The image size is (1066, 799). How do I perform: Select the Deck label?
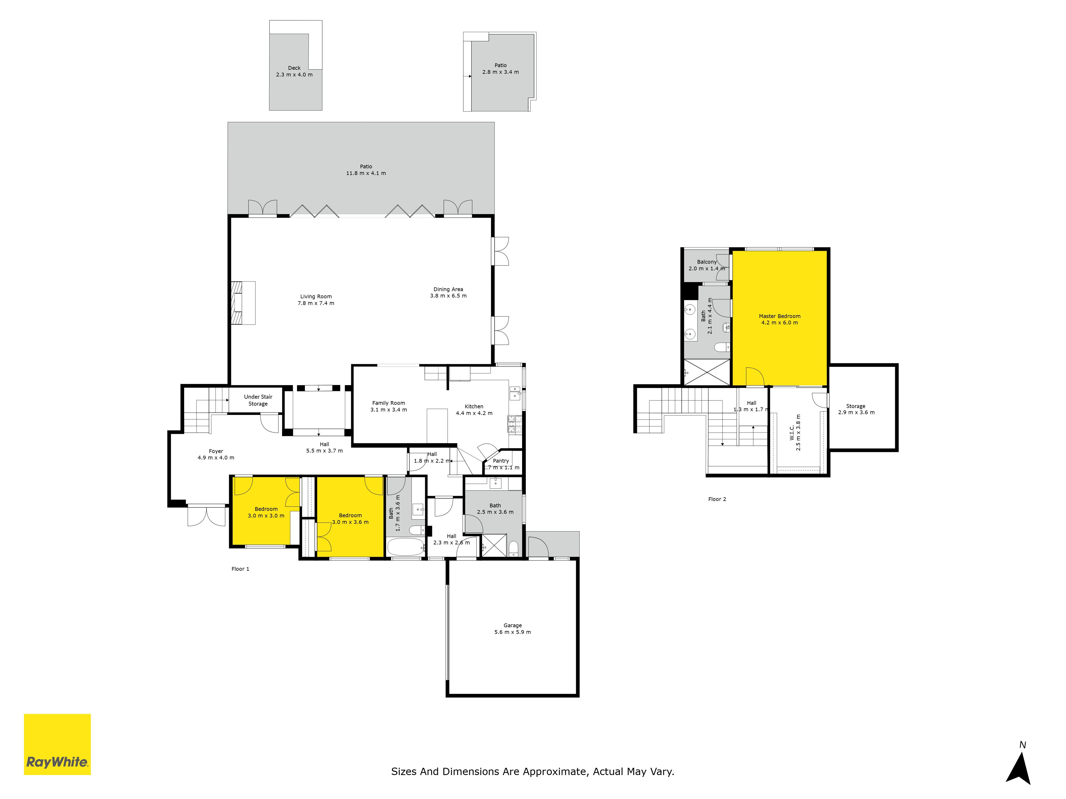[x=294, y=68]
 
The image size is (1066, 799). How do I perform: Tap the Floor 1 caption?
[x=240, y=569]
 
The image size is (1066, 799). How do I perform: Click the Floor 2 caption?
[x=717, y=499]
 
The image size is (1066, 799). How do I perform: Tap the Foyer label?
[x=216, y=451]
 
